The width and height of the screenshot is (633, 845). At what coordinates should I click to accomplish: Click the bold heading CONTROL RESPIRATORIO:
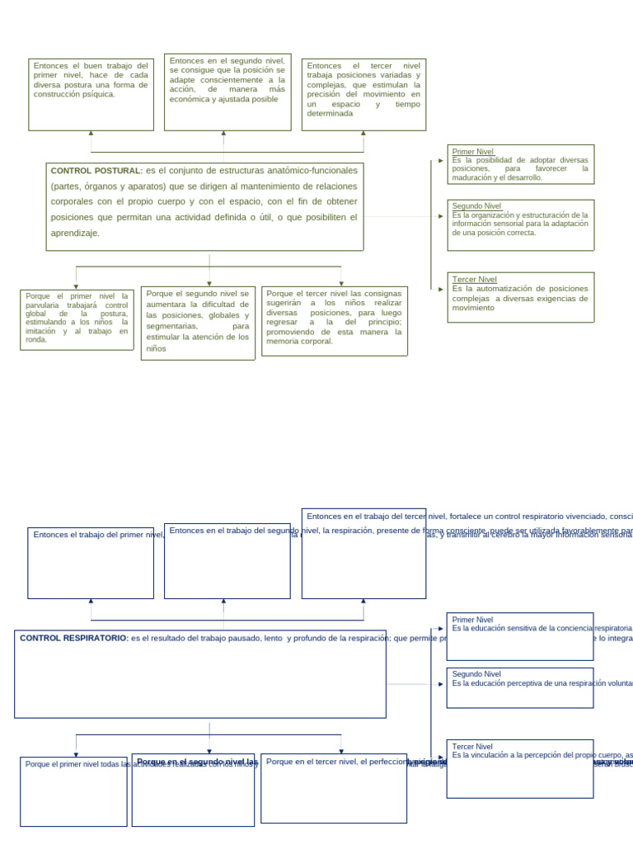(x=73, y=638)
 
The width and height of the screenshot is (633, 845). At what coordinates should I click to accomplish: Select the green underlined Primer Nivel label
(x=473, y=152)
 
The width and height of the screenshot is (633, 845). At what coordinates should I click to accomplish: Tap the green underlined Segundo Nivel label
(x=476, y=206)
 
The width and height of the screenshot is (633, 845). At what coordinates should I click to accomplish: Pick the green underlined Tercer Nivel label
(x=475, y=280)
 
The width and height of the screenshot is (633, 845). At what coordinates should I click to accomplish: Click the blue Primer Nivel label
(x=473, y=620)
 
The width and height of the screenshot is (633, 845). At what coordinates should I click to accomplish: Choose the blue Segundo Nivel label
(x=476, y=674)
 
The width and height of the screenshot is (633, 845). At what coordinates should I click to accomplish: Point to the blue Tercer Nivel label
(x=472, y=747)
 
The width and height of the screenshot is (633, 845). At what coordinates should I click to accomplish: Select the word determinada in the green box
(x=330, y=114)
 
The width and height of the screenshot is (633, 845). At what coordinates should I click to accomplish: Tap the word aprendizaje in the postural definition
(x=75, y=234)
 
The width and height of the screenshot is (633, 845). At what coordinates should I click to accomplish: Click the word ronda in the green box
(x=36, y=339)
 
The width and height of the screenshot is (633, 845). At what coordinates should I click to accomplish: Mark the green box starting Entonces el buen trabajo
(x=91, y=95)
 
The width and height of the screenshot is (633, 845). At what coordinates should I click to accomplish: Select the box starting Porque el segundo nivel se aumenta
(x=198, y=321)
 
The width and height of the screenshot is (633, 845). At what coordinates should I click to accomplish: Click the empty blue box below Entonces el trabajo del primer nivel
(x=91, y=569)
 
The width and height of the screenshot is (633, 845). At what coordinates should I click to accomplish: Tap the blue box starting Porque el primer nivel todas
(x=73, y=792)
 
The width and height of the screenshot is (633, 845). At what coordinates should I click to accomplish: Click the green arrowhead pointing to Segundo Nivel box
(x=441, y=216)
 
